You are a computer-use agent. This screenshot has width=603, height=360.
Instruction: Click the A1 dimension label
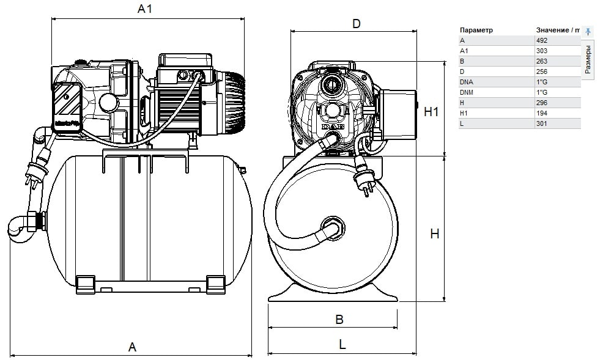click(144, 9)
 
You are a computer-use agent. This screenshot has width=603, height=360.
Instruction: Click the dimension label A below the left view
click(131, 347)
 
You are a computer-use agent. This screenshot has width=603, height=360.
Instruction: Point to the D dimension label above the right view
click(356, 24)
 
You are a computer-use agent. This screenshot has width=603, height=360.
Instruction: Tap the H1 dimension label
click(432, 112)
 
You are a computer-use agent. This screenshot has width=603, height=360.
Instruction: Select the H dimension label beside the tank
click(435, 234)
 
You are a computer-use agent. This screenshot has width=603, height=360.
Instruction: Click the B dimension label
click(340, 320)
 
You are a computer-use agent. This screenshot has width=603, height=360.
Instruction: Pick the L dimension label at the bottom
click(342, 344)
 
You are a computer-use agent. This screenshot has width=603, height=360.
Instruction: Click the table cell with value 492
click(541, 40)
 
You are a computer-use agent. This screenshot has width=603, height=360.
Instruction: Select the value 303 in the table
click(541, 51)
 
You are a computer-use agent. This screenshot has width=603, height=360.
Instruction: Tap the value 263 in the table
click(541, 61)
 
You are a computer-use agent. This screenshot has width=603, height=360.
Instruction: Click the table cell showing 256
click(541, 72)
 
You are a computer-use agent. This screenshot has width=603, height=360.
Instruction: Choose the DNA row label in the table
click(467, 82)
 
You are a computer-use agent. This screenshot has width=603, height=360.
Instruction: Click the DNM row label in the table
click(467, 92)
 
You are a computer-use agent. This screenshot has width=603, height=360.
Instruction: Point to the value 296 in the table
click(541, 103)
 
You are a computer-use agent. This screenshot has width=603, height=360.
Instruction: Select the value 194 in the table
click(541, 113)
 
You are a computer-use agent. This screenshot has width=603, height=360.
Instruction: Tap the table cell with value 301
click(541, 123)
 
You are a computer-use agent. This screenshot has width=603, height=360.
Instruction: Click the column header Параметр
click(476, 30)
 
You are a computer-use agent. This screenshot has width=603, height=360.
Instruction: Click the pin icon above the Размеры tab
click(588, 31)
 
